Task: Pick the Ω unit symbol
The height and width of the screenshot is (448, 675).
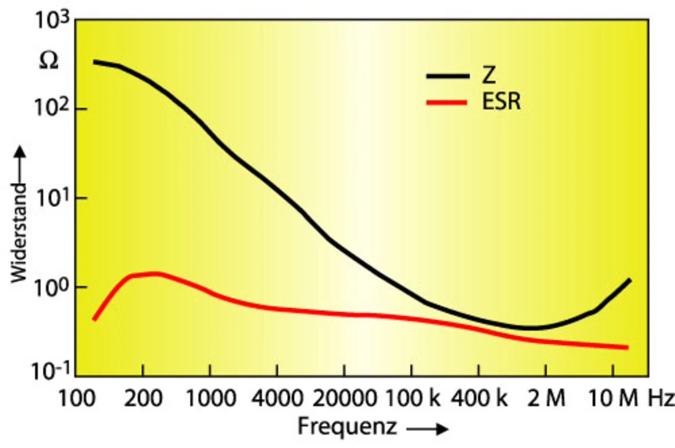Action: [49, 62]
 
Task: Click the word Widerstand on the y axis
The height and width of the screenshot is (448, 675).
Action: [20, 232]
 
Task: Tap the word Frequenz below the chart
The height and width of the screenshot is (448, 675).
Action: [347, 426]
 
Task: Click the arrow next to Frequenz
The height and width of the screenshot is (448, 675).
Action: [428, 429]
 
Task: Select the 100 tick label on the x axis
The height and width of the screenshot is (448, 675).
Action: [75, 399]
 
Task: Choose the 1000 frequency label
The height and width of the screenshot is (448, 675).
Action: [210, 399]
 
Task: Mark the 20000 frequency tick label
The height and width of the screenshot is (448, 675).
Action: [344, 399]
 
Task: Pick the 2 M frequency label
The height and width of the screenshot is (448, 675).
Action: [545, 399]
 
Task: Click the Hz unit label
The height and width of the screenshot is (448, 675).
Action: [661, 399]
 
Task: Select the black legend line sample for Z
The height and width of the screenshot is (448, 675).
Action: [448, 76]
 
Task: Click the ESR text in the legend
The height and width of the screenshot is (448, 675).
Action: [501, 102]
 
